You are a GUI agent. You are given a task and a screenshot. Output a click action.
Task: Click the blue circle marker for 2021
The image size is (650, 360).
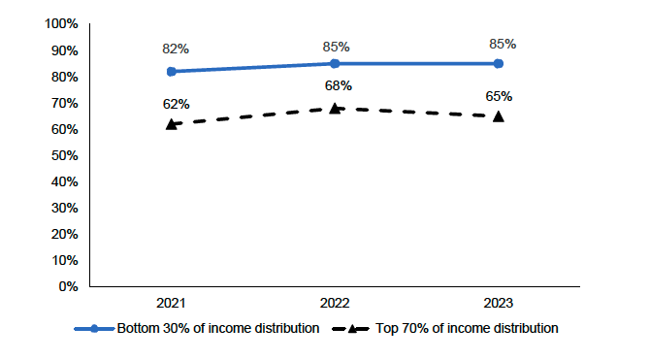tap(171, 72)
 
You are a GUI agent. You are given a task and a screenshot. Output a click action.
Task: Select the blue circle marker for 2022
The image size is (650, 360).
tap(335, 64)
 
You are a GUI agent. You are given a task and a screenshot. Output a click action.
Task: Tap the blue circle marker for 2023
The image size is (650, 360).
tap(499, 64)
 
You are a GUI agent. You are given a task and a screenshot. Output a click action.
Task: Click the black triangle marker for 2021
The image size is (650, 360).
tap(171, 124)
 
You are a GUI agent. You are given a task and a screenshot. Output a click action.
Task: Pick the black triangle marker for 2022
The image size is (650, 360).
tap(335, 108)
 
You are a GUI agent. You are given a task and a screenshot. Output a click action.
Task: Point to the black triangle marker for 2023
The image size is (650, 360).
tap(499, 116)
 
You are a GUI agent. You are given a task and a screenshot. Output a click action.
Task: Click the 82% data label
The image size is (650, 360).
tap(176, 49)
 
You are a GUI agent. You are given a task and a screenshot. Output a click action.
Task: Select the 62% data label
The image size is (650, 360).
tap(176, 104)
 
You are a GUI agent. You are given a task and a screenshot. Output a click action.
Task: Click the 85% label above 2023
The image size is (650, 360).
tap(503, 44)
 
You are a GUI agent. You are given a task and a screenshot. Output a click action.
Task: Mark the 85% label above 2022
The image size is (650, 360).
tap(337, 46)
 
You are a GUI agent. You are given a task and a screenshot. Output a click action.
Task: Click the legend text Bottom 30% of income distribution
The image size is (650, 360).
tap(218, 328)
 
